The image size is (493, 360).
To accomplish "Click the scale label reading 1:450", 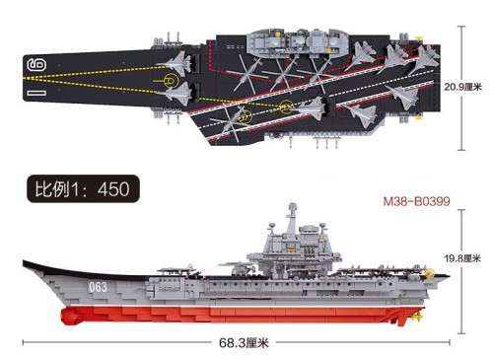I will coord(83,187).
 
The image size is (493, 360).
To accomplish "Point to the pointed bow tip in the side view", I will coord(24,262).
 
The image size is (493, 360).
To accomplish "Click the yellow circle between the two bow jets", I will coord(174,79).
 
